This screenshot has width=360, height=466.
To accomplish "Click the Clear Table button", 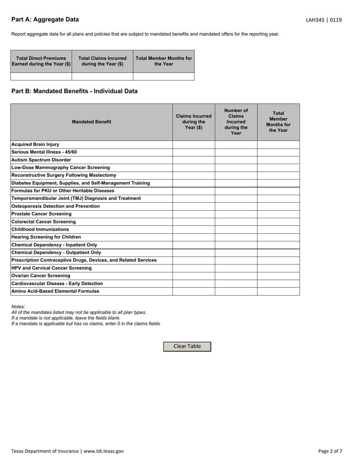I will (187, 346).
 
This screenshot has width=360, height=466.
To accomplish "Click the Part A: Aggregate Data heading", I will (45, 20).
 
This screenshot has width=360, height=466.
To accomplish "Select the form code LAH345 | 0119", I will (324, 20).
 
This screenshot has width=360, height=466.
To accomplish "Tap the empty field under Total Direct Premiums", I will (41, 77).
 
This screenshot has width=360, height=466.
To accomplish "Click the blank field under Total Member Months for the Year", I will (164, 77).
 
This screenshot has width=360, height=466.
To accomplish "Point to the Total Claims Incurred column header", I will (102, 61).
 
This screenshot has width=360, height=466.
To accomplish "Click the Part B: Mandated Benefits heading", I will (74, 91).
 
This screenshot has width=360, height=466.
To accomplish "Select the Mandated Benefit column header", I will (92, 122).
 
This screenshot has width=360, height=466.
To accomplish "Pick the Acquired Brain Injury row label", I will (35, 145).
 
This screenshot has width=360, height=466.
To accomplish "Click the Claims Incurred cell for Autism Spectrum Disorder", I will (194, 160).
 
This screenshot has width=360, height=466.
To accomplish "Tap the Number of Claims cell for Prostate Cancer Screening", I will (236, 214).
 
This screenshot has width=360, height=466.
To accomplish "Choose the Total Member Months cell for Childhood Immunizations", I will (279, 230).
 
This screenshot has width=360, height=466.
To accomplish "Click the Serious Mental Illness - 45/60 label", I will (44, 152).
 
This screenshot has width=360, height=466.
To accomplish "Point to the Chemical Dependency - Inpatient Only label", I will (54, 245).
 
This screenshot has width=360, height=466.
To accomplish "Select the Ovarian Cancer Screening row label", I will (41, 276).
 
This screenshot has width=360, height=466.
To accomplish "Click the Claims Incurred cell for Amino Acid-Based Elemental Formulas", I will (194, 291).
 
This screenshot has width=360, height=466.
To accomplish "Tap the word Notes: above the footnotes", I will (18, 306).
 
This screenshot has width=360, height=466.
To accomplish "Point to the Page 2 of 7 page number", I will (330, 451).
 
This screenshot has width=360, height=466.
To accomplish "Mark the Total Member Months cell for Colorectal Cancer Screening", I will (279, 222).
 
